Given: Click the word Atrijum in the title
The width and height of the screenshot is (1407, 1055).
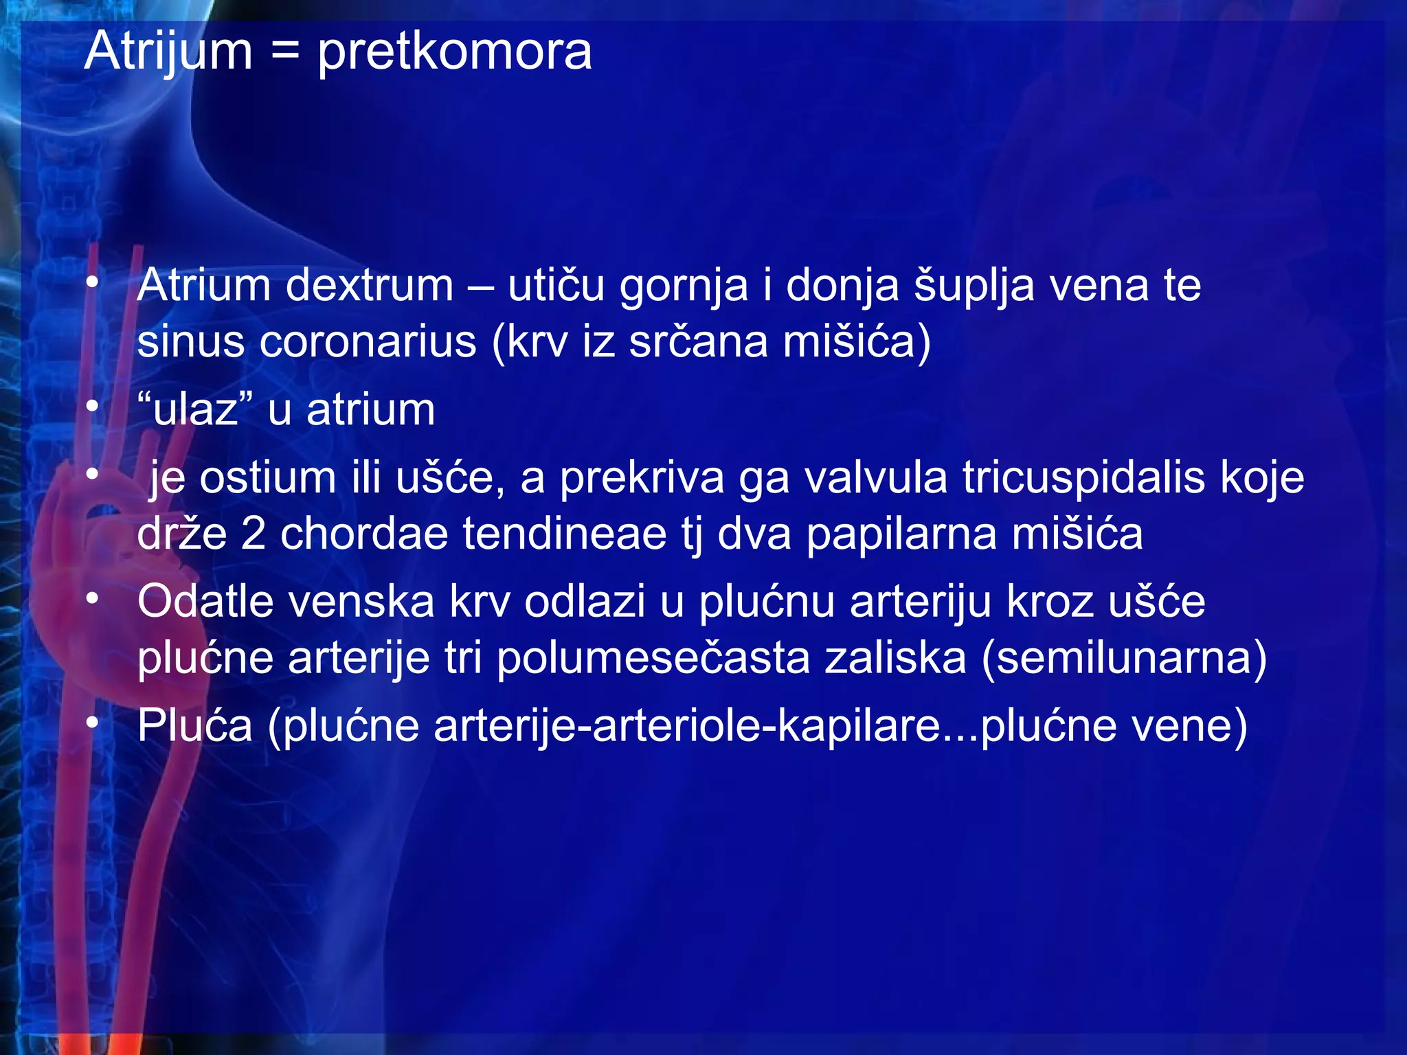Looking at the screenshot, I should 168,52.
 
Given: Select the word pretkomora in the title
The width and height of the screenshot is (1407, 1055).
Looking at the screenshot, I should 454,52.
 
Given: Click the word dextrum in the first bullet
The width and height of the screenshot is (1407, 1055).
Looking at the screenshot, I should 369,286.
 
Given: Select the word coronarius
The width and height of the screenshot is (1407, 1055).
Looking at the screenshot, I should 368,341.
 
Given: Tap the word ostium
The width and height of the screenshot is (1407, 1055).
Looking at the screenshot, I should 267,478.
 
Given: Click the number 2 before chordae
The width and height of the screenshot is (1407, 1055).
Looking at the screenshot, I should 253,534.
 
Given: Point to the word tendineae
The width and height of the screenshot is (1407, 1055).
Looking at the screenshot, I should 564,534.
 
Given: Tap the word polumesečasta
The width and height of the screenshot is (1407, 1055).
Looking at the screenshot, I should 653,658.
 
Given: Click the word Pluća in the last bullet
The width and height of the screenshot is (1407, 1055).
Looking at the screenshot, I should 195,725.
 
